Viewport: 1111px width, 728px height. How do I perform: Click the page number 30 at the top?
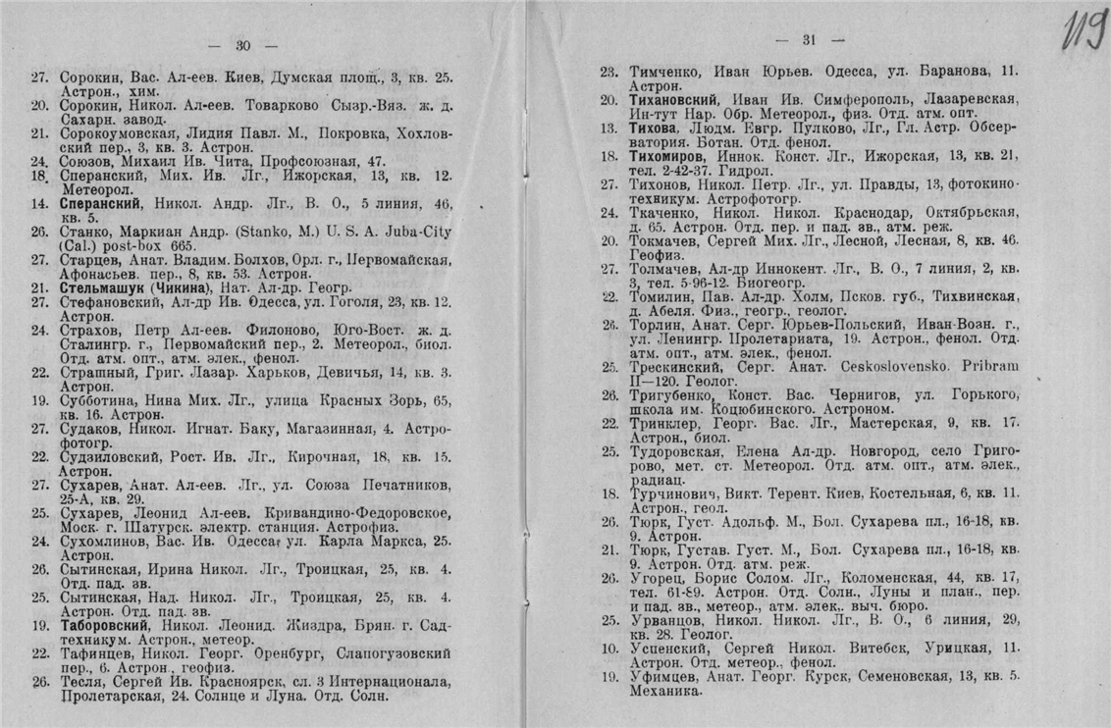click(x=244, y=43)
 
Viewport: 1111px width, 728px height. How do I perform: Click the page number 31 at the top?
click(x=810, y=40)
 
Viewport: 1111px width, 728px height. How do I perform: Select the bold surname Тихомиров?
click(x=666, y=155)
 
